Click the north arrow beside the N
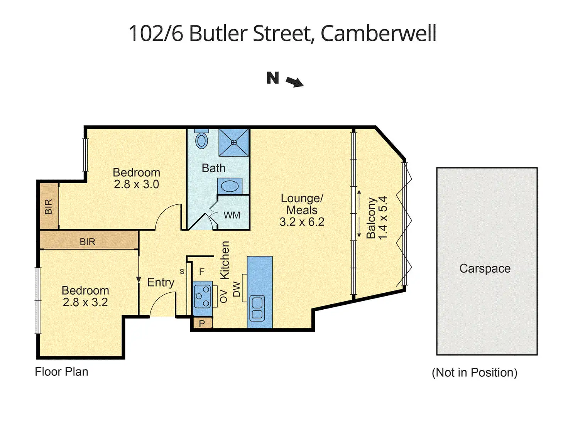click(x=294, y=82)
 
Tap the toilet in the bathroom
click(x=201, y=139)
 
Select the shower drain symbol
click(x=234, y=142)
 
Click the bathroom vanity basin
click(x=230, y=186)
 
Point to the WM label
click(x=232, y=215)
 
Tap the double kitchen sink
click(x=257, y=308)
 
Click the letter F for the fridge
click(x=201, y=272)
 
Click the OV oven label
click(x=223, y=296)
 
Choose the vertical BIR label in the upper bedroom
click(x=48, y=207)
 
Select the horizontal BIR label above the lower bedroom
click(x=88, y=242)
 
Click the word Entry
click(x=161, y=283)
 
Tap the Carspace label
click(x=485, y=269)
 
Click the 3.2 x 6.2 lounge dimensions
click(x=302, y=222)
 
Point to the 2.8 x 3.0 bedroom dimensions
click(x=136, y=184)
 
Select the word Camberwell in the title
click(x=378, y=33)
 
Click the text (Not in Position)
click(x=475, y=373)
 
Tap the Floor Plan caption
click(x=62, y=372)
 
